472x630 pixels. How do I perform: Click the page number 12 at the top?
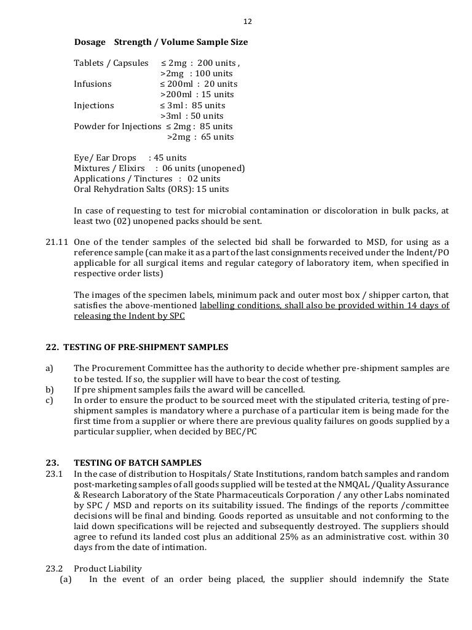(x=248, y=22)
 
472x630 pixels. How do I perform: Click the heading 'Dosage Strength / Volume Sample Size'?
(x=161, y=42)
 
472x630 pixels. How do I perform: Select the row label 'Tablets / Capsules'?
(x=111, y=63)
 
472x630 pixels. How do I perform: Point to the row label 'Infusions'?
(x=93, y=84)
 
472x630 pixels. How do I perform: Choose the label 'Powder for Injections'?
(x=117, y=126)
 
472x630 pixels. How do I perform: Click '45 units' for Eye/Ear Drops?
(x=170, y=158)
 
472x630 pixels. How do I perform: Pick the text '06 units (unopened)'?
(x=203, y=169)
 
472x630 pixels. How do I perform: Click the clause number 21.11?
(x=56, y=242)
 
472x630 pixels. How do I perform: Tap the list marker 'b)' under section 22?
(x=49, y=389)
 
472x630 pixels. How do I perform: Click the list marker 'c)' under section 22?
(x=49, y=400)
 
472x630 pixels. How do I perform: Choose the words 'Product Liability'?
(x=108, y=568)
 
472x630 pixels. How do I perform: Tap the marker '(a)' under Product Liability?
(x=66, y=580)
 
